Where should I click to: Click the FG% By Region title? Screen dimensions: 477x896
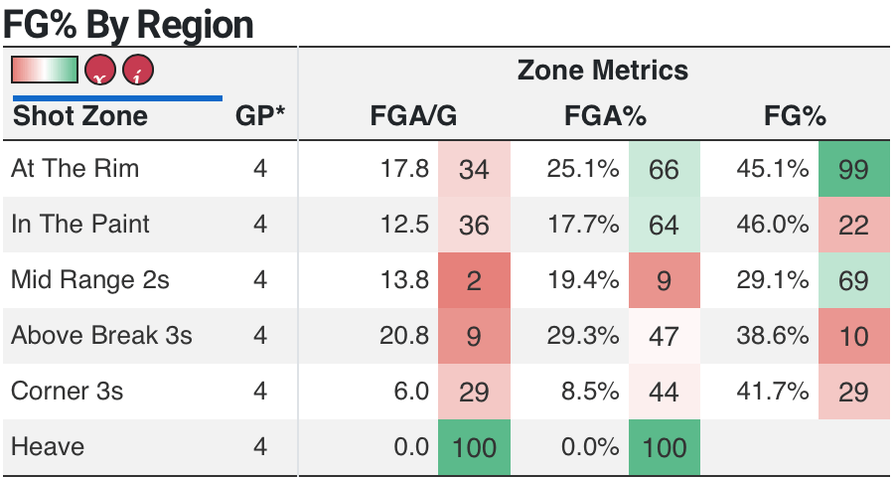pyautogui.click(x=128, y=24)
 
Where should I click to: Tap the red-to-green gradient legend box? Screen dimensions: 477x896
pyautogui.click(x=44, y=70)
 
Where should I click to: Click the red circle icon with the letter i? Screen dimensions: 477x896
pyautogui.click(x=138, y=71)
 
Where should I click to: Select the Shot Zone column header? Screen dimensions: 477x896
pyautogui.click(x=79, y=116)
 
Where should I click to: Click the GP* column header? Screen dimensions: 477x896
pyautogui.click(x=260, y=116)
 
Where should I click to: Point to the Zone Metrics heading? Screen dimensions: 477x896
pyautogui.click(x=602, y=71)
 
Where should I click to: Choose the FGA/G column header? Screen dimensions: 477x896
pyautogui.click(x=413, y=116)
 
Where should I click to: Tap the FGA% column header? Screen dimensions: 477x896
pyautogui.click(x=605, y=116)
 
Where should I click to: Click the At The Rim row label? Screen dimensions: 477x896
pyautogui.click(x=75, y=169)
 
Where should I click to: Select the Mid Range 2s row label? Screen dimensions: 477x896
pyautogui.click(x=90, y=280)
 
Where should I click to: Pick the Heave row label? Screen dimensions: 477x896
pyautogui.click(x=48, y=447)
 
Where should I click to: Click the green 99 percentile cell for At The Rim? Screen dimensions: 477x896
pyautogui.click(x=853, y=169)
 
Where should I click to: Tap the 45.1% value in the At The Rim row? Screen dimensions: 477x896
pyautogui.click(x=773, y=169)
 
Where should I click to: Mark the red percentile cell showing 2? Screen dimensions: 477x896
pyautogui.click(x=474, y=280)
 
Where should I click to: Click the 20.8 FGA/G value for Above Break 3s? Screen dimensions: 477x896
pyautogui.click(x=404, y=336)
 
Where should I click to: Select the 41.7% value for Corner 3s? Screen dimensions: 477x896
pyautogui.click(x=773, y=392)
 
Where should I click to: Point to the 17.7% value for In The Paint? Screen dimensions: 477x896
pyautogui.click(x=583, y=225)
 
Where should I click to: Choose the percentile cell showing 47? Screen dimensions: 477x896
pyautogui.click(x=664, y=336)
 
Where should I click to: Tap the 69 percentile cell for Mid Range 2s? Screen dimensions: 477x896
pyautogui.click(x=853, y=280)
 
